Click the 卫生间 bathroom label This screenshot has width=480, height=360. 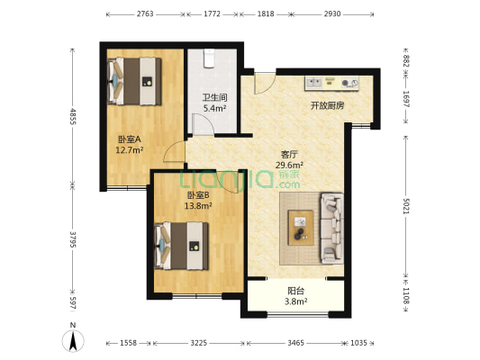pyautogui.click(x=213, y=97)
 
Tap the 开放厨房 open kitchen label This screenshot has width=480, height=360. pyautogui.click(x=327, y=105)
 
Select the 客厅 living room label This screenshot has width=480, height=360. pyautogui.click(x=289, y=154)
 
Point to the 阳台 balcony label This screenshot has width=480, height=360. pyautogui.click(x=294, y=291)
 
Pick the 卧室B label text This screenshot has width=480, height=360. pyautogui.click(x=198, y=194)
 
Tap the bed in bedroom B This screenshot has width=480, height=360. pyautogui.click(x=184, y=244)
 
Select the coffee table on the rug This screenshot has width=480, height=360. pyautogui.click(x=300, y=226)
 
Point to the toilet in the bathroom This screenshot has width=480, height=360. pyautogui.click(x=209, y=59)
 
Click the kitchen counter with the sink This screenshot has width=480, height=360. pyautogui.click(x=338, y=84)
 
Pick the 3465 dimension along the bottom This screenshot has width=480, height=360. pyautogui.click(x=294, y=344)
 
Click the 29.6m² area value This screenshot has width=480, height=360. pyautogui.click(x=289, y=165)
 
